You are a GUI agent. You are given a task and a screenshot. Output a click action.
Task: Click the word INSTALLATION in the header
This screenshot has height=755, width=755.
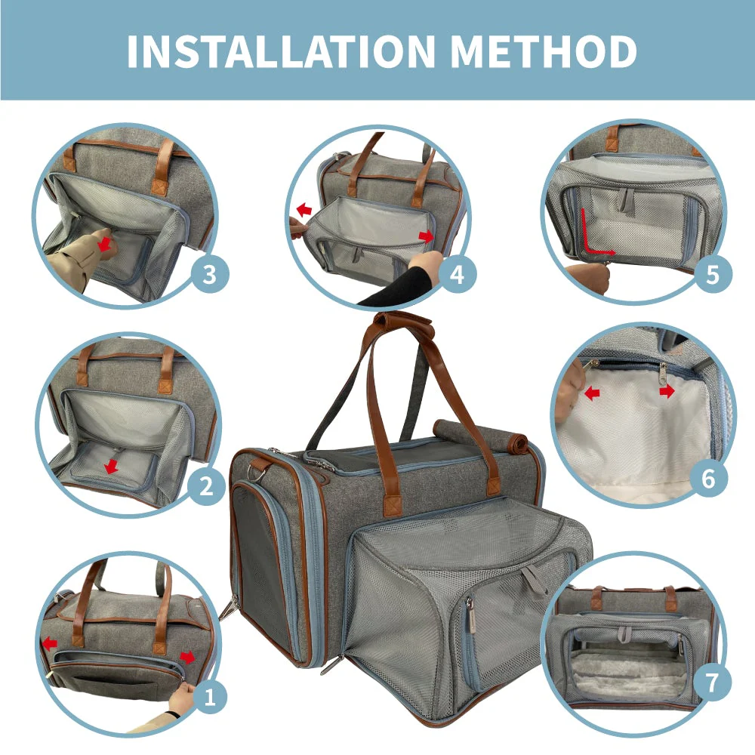coord(281,51)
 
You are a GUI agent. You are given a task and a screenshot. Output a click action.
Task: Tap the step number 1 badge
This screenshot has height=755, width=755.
coord(209,697)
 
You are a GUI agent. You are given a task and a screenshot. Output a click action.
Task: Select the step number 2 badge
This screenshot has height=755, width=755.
coord(206,486)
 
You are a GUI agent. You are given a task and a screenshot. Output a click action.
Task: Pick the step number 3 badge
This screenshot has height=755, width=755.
coord(210,275)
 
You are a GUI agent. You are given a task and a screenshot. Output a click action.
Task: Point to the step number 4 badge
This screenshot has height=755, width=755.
coord(458,275)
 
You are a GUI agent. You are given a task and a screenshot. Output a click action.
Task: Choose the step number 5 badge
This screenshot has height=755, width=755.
coord(713,275)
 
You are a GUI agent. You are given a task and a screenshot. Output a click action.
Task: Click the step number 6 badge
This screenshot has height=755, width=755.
coord(708,479)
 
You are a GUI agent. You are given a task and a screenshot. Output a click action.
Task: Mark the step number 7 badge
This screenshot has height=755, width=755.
coord(712,682)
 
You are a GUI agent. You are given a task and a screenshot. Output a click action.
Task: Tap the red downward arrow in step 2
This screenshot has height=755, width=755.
coord(111,466)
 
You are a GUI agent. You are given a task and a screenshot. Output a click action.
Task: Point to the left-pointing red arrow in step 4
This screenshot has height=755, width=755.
coord(304,210)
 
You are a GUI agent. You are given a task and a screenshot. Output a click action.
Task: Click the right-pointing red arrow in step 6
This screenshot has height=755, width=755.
coord(667,392)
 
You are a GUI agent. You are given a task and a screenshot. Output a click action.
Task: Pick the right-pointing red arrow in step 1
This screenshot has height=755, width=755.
coord(187,657)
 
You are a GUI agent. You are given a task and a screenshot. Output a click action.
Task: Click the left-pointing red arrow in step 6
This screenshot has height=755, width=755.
coord(592,394)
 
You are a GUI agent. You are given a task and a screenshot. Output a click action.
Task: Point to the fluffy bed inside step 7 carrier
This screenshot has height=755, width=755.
coord(626,672)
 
